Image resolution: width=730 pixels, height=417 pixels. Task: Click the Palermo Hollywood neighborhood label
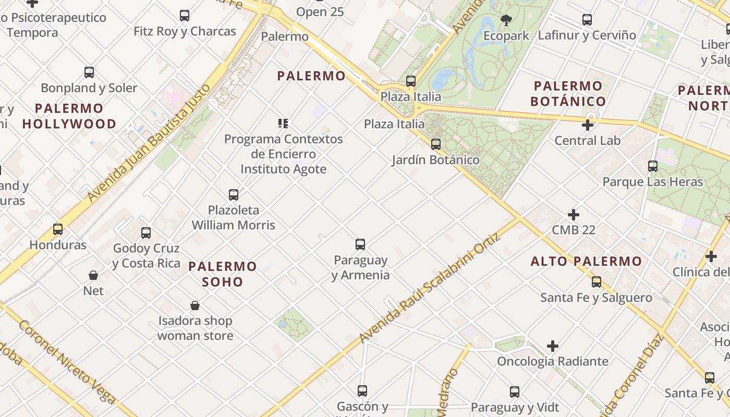(69, 116)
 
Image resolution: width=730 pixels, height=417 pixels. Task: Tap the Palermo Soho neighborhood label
(223, 274)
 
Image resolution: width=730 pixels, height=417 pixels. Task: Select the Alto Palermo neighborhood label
(586, 262)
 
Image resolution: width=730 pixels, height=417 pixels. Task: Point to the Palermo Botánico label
(568, 93)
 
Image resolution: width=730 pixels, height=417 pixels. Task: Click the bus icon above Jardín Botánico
(436, 144)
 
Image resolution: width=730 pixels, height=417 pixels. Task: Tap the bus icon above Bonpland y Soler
(89, 72)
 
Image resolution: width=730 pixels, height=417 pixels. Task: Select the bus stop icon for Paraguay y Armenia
(360, 244)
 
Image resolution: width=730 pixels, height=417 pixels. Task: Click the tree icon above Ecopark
(506, 20)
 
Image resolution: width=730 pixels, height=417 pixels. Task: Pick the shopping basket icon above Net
(93, 275)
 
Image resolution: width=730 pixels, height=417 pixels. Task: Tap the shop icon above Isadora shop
(195, 305)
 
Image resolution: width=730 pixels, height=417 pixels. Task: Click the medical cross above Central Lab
(588, 125)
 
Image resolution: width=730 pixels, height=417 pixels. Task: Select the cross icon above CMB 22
(574, 215)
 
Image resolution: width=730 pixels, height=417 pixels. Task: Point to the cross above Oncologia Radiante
(553, 346)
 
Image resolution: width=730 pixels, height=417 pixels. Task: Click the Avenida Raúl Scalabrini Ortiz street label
(431, 288)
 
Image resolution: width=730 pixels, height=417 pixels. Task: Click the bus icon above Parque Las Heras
(653, 166)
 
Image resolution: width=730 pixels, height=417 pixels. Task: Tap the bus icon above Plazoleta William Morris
(234, 195)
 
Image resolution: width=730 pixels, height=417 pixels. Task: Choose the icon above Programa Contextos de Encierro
(283, 124)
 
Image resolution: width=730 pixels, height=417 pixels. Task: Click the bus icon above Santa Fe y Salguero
(597, 282)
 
